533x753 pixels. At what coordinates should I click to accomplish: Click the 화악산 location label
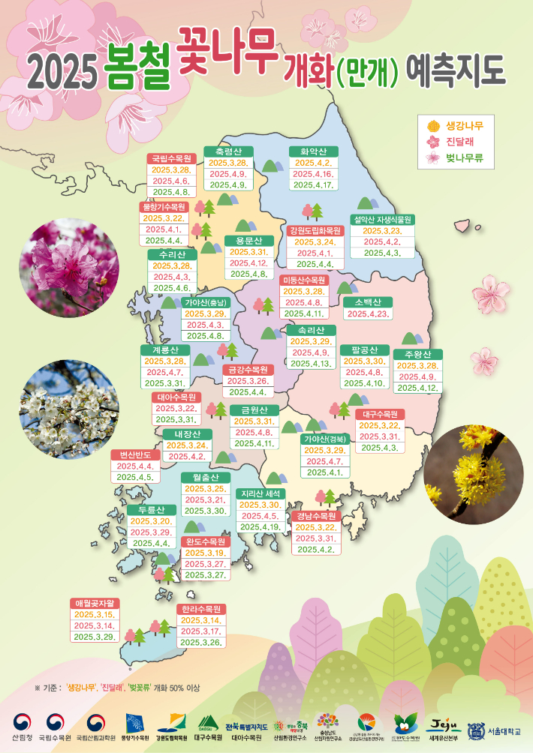tap(313, 151)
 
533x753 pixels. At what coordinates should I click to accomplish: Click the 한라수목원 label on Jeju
tap(200, 609)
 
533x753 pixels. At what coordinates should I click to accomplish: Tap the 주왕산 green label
tap(417, 354)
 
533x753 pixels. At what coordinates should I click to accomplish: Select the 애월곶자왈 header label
tap(96, 603)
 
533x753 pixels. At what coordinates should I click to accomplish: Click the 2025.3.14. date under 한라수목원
tap(200, 621)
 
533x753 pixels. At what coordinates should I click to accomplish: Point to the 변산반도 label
tap(135, 454)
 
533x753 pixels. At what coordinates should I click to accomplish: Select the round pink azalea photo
tap(69, 268)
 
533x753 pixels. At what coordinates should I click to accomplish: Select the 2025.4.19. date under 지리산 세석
tap(260, 527)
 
